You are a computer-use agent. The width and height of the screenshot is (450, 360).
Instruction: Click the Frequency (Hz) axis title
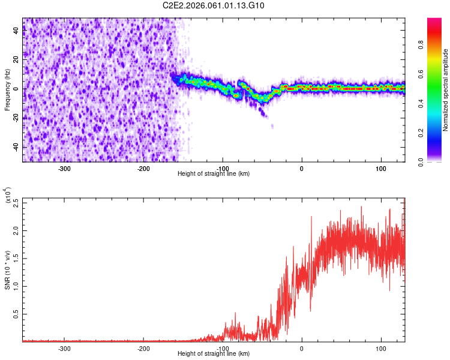click(7, 89)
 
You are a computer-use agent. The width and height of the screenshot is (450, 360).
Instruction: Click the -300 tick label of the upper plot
click(64, 168)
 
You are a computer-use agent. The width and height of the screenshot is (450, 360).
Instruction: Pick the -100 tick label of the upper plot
click(223, 168)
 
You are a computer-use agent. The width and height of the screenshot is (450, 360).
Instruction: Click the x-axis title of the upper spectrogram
click(214, 174)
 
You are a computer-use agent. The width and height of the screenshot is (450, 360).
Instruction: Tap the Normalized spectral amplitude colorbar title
click(446, 90)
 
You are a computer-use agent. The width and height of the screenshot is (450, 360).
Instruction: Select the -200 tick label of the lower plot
click(143, 348)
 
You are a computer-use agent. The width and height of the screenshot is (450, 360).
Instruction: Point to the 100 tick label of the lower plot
click(381, 348)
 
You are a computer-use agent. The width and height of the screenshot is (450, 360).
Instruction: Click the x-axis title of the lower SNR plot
click(214, 354)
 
